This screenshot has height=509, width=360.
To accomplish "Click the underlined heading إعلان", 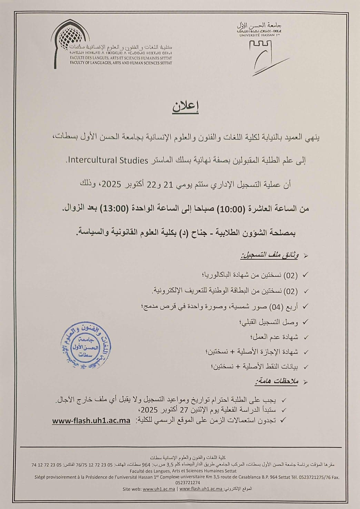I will (x=186, y=107).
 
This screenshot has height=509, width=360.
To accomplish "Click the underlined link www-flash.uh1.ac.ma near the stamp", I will (x=91, y=421).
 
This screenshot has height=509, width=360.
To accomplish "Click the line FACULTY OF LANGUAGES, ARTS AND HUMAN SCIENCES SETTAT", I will (x=121, y=63).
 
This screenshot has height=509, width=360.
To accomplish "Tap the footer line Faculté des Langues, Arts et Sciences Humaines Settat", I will (x=183, y=471).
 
